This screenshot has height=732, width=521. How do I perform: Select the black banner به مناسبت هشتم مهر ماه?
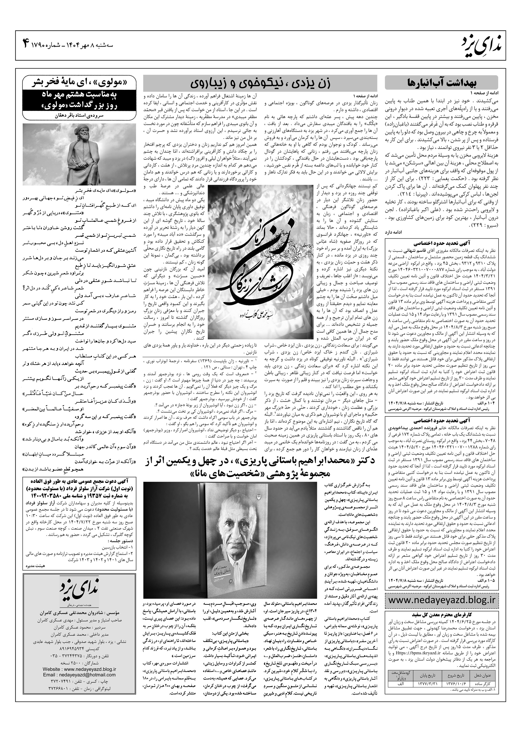click(80, 100)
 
